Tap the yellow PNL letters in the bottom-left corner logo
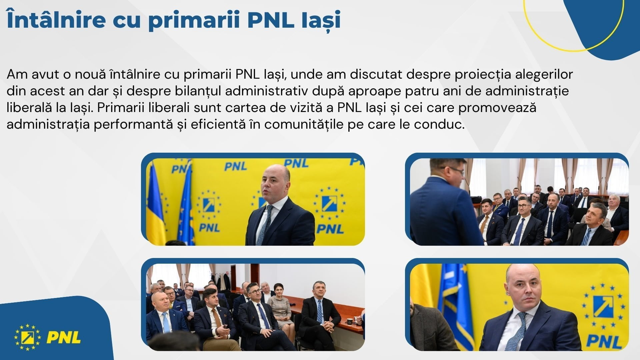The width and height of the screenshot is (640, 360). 63,337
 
